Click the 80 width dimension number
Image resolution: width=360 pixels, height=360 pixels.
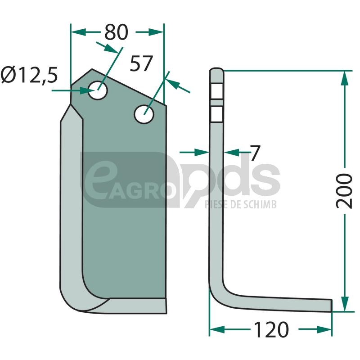pyautogui.click(x=116, y=32)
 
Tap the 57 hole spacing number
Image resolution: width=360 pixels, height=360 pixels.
pyautogui.click(x=141, y=63)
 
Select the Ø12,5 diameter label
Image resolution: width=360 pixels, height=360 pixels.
pyautogui.click(x=29, y=75)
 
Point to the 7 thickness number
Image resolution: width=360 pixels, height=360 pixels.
pyautogui.click(x=255, y=153)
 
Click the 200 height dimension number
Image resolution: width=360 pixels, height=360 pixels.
pyautogui.click(x=344, y=191)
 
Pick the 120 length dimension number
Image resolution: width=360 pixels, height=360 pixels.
pyautogui.click(x=271, y=329)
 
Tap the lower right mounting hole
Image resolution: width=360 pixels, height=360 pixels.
pyautogui.click(x=144, y=114)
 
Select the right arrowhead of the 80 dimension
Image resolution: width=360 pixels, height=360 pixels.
pyautogui.click(x=156, y=32)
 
